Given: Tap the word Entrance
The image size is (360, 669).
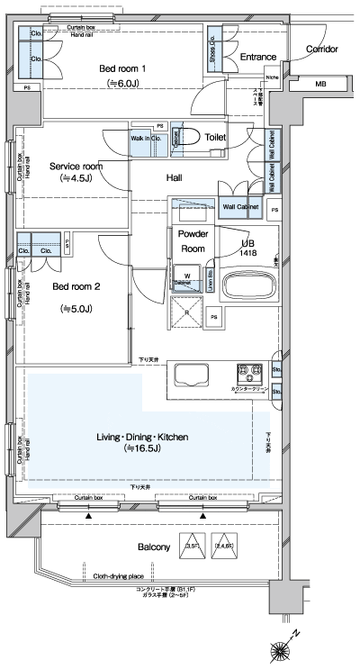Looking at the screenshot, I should (257, 57).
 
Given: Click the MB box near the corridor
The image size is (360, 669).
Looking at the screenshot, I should (320, 85).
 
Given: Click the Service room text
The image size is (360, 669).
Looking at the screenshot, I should (76, 167).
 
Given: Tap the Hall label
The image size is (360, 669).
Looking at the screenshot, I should (175, 178).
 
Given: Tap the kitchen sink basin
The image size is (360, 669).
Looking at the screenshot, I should (191, 374).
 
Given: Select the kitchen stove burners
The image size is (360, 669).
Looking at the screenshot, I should (248, 371).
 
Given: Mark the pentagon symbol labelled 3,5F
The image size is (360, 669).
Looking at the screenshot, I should (192, 547).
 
